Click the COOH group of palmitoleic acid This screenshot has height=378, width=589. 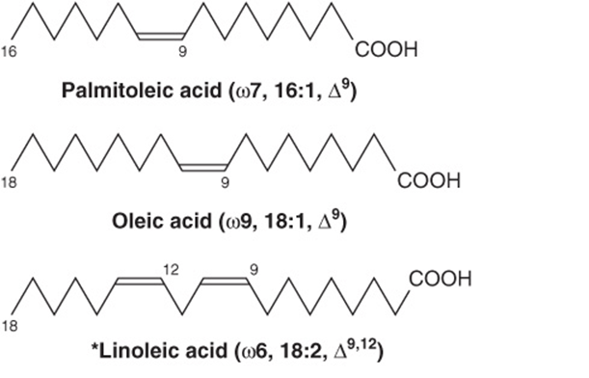[387, 49]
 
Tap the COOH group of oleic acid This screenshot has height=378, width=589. [429, 180]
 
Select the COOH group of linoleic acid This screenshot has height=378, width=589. [440, 280]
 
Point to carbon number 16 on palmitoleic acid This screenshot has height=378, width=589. [9, 51]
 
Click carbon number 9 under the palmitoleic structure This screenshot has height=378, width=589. [182, 51]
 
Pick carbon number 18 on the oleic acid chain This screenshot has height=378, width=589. [9, 182]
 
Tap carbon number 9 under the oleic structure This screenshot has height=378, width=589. [225, 182]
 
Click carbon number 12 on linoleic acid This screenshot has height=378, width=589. [171, 269]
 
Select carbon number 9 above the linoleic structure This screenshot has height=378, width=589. [254, 269]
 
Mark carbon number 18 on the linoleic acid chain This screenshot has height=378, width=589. [9, 326]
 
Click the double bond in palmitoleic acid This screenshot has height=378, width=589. [161, 36]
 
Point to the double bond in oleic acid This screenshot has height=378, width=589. [203, 167]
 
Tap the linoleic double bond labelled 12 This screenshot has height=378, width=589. [140, 281]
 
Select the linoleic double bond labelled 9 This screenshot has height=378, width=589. [225, 281]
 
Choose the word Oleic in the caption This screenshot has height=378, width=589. [139, 222]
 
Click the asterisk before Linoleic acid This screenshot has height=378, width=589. [94, 346]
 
